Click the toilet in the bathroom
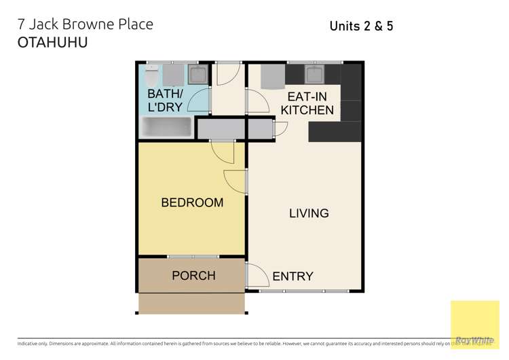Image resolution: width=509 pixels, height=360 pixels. (153, 73)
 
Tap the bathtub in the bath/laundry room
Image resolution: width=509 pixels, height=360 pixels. (167, 127)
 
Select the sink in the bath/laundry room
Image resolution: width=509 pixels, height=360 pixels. (198, 73)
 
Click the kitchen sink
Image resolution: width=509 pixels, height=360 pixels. (315, 73)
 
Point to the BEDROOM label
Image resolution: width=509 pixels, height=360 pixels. (192, 202)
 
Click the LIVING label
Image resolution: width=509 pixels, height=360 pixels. (309, 213)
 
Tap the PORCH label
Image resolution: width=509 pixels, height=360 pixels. (193, 276)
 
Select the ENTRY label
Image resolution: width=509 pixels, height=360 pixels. (293, 276)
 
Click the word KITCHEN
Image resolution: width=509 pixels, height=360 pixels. (307, 110)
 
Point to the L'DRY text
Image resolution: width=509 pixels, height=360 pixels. (166, 107)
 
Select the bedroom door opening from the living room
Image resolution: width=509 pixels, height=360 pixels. (235, 180)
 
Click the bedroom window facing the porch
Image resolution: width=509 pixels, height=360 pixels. (193, 257)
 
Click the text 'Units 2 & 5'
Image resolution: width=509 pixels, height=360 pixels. (361, 26)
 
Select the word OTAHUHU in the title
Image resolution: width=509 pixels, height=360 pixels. (52, 42)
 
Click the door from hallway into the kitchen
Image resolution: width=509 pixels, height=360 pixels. (257, 101)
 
